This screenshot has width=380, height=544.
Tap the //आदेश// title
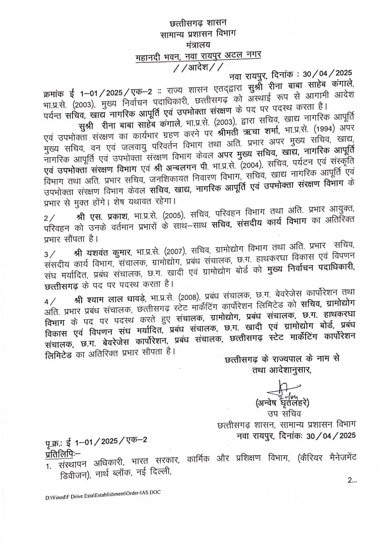click(x=198, y=67)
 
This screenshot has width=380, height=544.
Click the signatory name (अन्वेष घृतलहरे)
click(x=282, y=403)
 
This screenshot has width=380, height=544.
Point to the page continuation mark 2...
click(x=352, y=481)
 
